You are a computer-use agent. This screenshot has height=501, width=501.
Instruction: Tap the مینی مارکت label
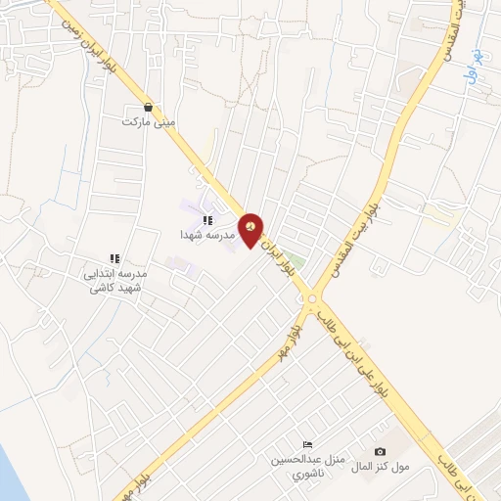pyautogui.click(x=148, y=122)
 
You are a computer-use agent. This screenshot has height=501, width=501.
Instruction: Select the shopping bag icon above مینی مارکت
pyautogui.click(x=148, y=108)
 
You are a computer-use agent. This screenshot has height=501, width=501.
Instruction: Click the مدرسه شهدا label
pyautogui.click(x=204, y=236)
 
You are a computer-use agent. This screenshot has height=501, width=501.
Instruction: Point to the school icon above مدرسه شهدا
pyautogui.click(x=206, y=221)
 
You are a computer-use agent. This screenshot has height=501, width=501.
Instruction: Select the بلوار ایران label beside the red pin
pyautogui.click(x=283, y=259)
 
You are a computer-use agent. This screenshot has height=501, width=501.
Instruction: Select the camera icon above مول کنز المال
pyautogui.click(x=381, y=451)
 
